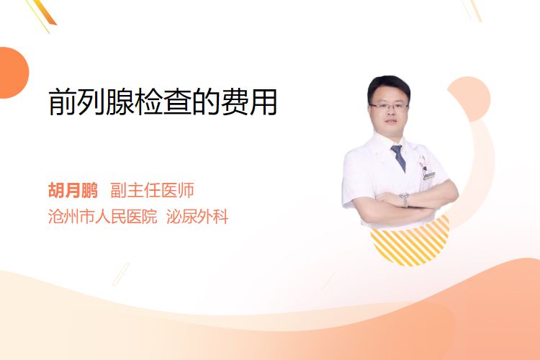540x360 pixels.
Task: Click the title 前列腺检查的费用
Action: (163, 102)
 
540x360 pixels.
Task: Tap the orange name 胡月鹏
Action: (73, 190)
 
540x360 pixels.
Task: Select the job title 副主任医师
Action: (152, 190)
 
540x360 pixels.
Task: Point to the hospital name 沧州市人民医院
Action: (103, 217)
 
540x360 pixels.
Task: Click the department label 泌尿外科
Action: (197, 217)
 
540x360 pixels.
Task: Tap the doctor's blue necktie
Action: (399, 158)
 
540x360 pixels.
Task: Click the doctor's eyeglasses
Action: (389, 106)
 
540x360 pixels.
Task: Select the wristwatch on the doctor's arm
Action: (405, 200)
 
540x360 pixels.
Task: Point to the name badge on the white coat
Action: (429, 176)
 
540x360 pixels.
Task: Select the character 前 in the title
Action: (63, 102)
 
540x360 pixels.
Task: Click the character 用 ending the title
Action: (264, 102)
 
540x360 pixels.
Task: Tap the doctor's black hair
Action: (389, 86)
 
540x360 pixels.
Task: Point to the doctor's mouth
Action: (390, 122)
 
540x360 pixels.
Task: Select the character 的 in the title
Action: (206, 102)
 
